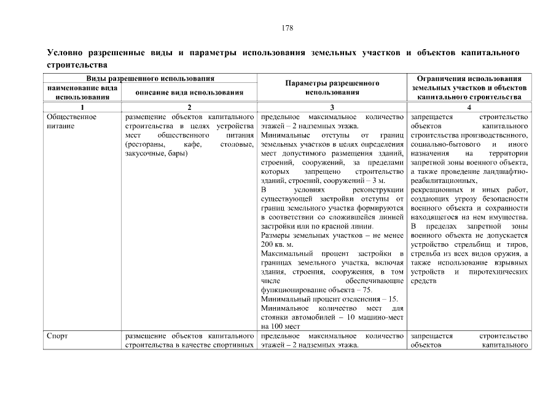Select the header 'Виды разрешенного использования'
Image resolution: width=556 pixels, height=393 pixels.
(150, 79)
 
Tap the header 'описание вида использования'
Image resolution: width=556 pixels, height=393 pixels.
(189, 92)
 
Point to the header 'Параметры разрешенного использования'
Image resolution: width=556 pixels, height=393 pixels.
(332, 87)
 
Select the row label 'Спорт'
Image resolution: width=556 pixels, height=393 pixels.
(57, 336)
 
